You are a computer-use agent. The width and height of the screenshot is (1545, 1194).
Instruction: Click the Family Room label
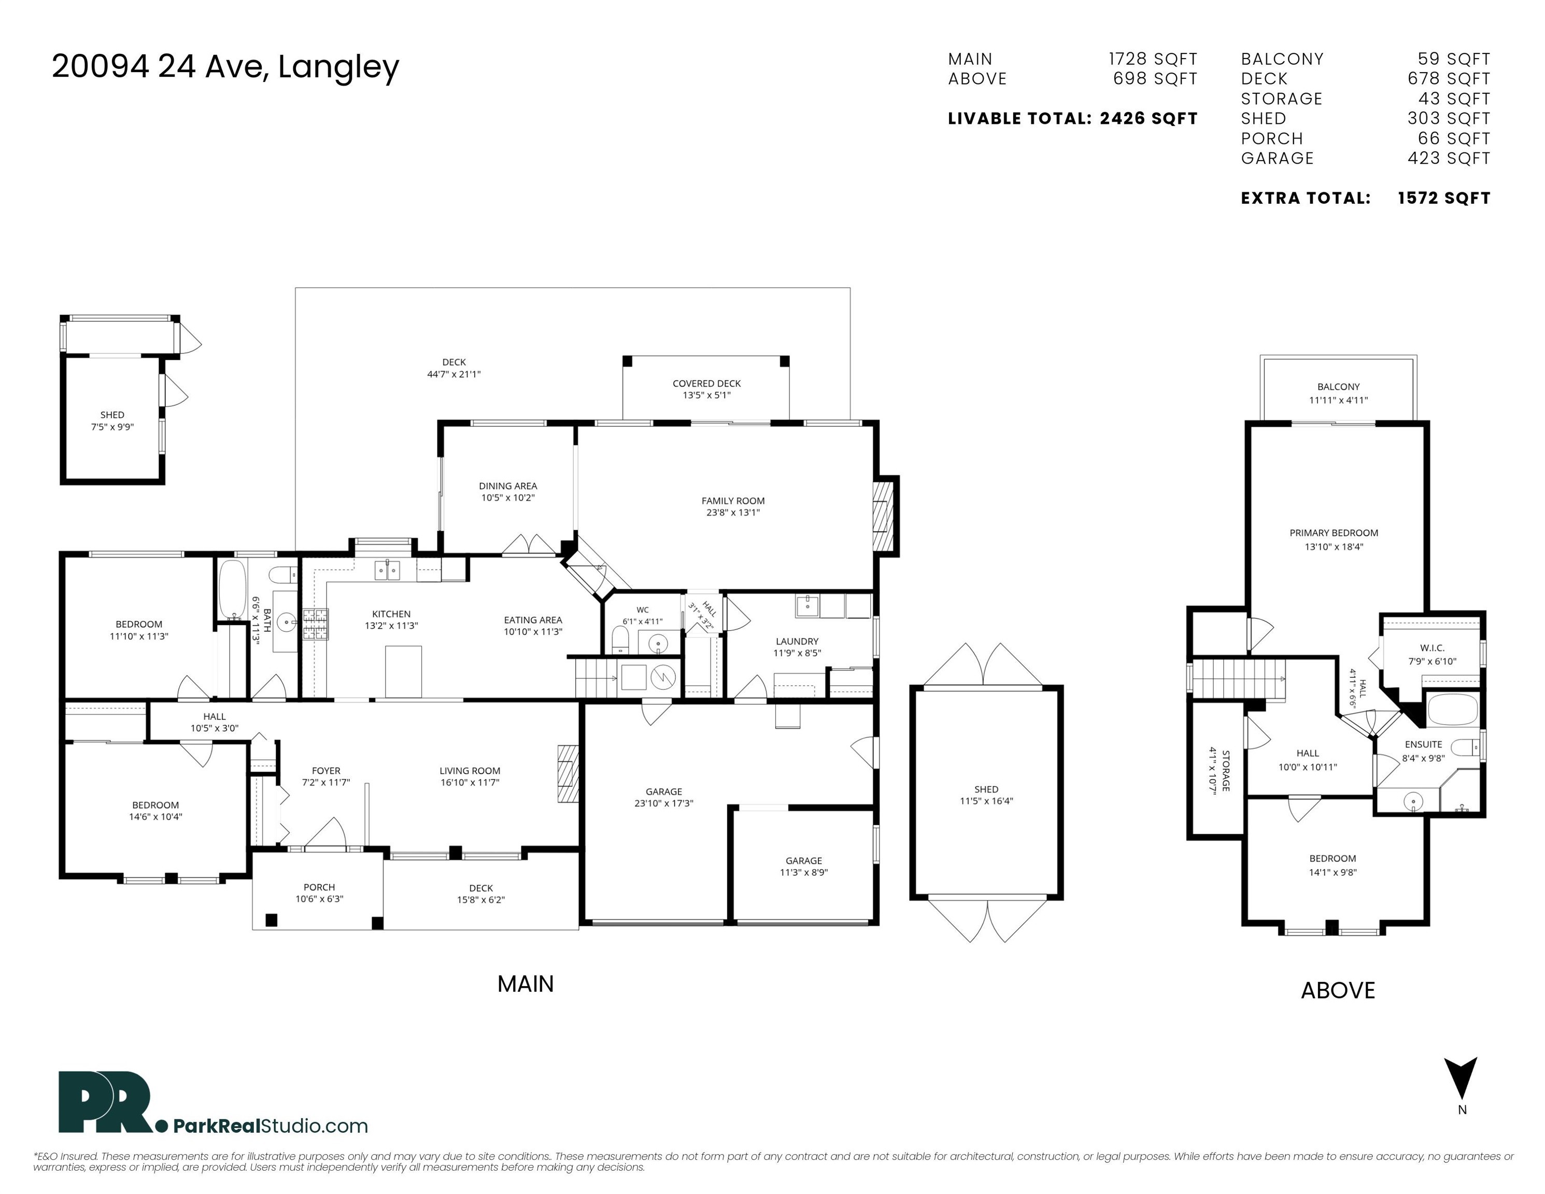pos(733,501)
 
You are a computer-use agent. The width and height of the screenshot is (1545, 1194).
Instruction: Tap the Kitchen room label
pos(391,614)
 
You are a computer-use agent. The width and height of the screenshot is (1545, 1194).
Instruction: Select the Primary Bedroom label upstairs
pos(1334,533)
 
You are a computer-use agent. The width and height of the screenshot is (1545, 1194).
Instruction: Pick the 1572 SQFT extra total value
pos(1444,198)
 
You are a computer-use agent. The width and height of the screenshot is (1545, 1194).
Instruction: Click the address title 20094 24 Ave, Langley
pos(225,67)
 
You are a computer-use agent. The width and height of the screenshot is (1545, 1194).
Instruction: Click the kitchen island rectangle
pos(403,671)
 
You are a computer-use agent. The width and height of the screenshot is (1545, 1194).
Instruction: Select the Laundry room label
pos(797,642)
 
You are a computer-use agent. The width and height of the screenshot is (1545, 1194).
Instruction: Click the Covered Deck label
pos(707,383)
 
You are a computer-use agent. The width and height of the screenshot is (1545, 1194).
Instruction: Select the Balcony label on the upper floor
pos(1338,387)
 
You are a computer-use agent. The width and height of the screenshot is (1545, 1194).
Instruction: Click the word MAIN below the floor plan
pos(526,984)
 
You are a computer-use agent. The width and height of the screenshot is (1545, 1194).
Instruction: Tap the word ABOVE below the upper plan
pos(1338,990)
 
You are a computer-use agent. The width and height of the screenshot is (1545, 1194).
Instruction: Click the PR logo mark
pos(106,1102)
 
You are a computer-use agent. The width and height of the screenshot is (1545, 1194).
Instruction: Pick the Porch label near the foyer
pos(319,887)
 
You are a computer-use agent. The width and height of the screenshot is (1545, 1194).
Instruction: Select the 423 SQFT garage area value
pos(1448,159)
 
